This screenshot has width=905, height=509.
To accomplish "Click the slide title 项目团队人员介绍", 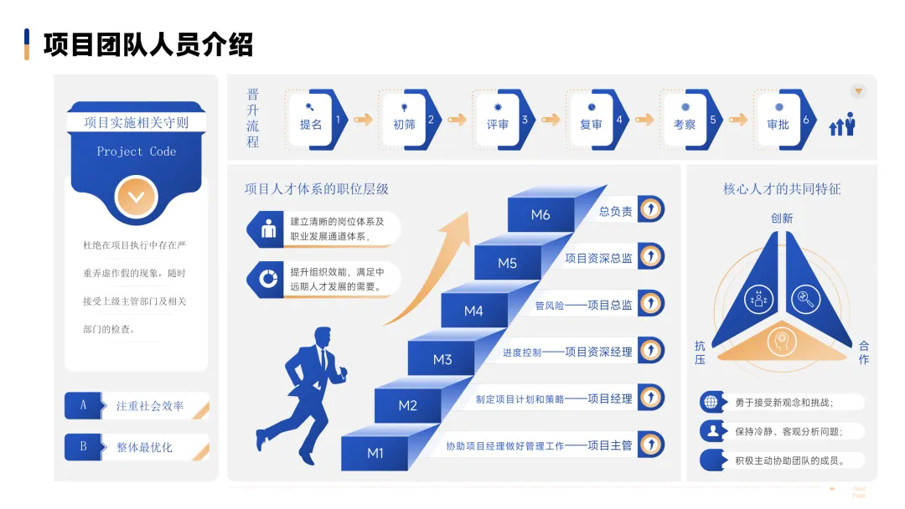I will coord(147,44).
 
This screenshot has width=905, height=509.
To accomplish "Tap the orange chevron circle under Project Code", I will coord(137,198).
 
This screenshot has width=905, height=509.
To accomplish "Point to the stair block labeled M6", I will coord(540,215).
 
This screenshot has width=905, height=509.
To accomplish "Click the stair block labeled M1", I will coord(375,453).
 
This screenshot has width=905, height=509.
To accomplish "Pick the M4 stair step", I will coord(473,311).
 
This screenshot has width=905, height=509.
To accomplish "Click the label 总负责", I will coord(615,212).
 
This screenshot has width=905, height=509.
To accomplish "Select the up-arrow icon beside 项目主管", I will coord(650,444).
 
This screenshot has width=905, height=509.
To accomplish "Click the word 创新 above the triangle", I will coord(782,218).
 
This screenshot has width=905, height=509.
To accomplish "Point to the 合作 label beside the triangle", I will coord(864,352).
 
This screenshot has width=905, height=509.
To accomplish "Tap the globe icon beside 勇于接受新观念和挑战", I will coord(711,402).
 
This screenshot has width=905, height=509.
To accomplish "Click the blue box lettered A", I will coord(83,405).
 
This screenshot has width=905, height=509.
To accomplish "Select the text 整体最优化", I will coord(144,447).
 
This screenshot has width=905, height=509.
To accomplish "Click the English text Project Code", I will coord(137,152).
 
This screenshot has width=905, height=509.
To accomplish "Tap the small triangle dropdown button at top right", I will coord(858,91).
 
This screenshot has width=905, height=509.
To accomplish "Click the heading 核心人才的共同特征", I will coord(782,189).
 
